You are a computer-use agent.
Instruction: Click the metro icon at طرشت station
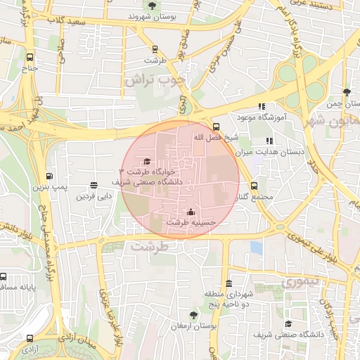[155, 49]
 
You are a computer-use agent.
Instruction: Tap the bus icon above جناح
[29, 58]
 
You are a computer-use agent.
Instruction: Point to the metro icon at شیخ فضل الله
[215, 126]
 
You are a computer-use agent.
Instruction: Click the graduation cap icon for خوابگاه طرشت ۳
[147, 162]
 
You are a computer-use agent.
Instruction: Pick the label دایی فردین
[94, 197]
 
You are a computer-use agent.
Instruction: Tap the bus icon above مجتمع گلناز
[254, 186]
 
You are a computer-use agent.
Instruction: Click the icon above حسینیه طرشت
[191, 212]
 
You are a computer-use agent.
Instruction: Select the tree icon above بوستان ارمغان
[193, 316]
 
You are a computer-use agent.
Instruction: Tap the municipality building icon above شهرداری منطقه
[229, 283]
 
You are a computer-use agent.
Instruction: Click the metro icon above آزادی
[29, 336]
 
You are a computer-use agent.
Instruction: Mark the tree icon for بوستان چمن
[347, 92]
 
